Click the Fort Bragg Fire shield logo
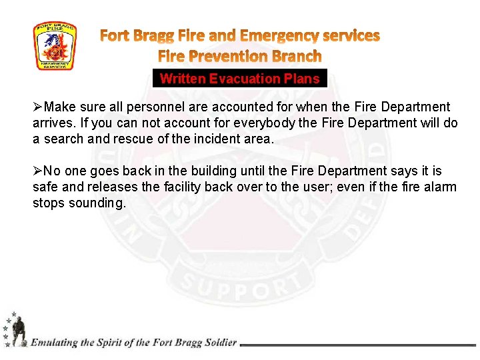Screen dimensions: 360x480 (x=55, y=47)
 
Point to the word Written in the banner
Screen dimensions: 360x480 (x=183, y=79)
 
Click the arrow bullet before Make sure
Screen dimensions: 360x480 (x=38, y=107)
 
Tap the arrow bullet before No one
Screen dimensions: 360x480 (x=38, y=171)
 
